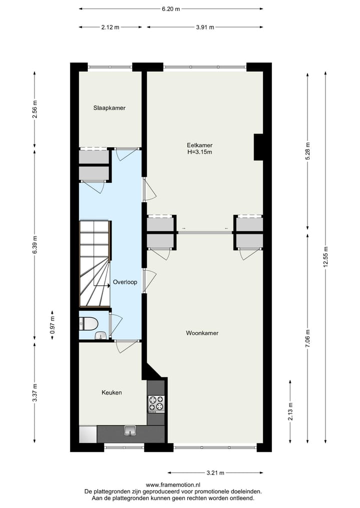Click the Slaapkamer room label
(x=109, y=108)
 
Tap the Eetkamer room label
(x=196, y=145)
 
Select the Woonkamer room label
(x=202, y=333)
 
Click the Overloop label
(x=124, y=282)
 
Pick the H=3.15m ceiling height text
(x=196, y=152)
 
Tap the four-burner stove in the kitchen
(x=156, y=403)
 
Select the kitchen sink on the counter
(x=130, y=431)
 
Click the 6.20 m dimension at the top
(x=171, y=9)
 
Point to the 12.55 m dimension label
(x=325, y=258)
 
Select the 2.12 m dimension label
(x=110, y=27)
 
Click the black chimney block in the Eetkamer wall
(x=258, y=147)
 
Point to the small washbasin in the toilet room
(x=101, y=335)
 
